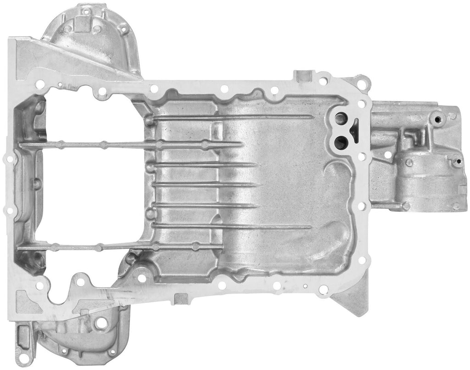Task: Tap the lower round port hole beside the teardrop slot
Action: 340,142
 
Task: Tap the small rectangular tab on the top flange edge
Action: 303,75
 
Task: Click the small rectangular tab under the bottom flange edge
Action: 181,299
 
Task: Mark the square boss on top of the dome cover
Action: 82,23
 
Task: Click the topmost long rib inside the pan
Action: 229,118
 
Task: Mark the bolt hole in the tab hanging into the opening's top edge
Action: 101,91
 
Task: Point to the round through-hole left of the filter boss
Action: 388,155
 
